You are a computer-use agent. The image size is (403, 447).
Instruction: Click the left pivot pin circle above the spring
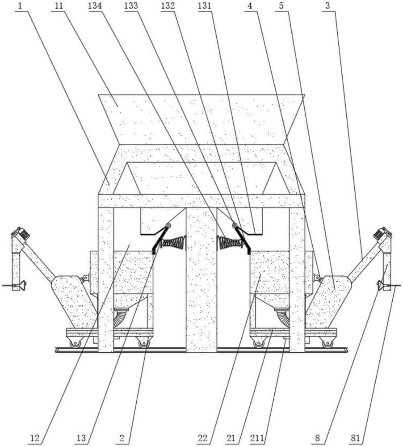click(169, 226)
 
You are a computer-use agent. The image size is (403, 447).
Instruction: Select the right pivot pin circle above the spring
click(234, 226)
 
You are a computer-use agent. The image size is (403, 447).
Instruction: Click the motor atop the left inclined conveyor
click(20, 233)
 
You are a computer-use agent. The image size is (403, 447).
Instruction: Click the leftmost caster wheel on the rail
click(74, 344)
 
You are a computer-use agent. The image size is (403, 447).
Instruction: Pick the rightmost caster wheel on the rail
click(328, 344)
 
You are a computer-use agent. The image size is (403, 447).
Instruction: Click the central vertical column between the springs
click(201, 277)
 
